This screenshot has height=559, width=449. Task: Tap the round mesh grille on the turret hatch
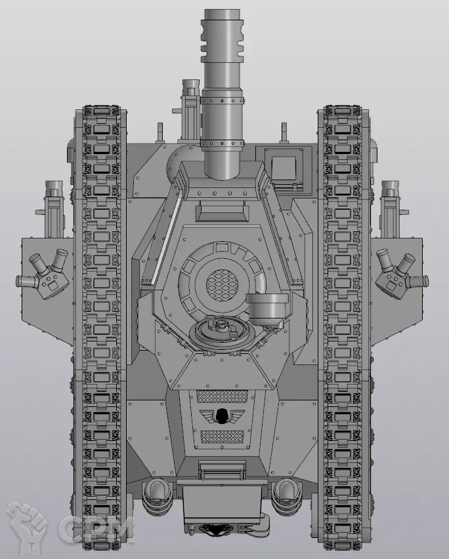(x=222, y=284)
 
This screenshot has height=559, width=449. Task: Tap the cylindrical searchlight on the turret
(x=267, y=307)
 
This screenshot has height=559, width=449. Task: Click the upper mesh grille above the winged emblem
(x=222, y=396)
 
